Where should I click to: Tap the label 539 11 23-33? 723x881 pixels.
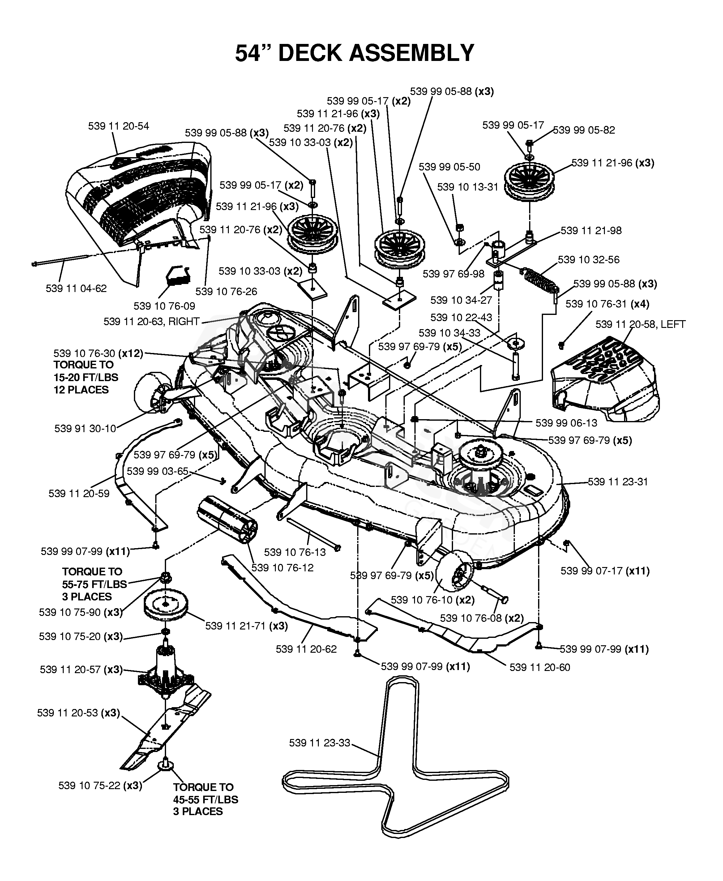coord(319,743)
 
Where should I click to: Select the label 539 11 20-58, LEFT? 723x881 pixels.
coord(640,324)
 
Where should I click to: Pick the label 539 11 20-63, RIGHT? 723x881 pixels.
coord(152,322)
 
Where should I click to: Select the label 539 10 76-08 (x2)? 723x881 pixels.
coord(481,618)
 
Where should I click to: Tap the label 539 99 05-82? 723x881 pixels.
coord(584,130)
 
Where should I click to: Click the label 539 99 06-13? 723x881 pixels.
coord(566,423)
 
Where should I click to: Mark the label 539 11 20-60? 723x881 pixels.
coord(539,667)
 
